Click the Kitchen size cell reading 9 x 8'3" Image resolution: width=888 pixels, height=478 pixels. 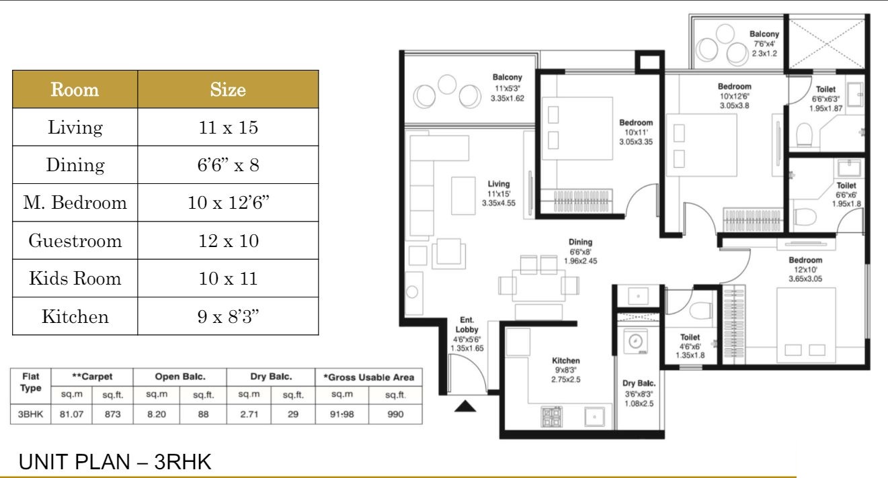point(228,316)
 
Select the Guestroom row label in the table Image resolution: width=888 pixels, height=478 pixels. point(75,241)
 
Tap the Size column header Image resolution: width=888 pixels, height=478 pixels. point(228,89)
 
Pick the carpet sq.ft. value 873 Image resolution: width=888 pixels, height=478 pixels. point(112,414)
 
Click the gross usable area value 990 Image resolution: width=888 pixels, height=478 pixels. point(395,414)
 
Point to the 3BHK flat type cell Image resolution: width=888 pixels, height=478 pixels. point(30,414)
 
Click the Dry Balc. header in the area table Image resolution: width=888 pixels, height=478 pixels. point(271,377)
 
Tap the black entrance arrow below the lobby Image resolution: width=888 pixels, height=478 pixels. point(465,406)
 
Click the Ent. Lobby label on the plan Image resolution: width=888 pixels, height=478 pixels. point(467,325)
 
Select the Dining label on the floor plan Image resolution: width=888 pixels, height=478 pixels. point(580,242)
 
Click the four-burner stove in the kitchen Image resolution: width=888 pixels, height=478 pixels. point(551,417)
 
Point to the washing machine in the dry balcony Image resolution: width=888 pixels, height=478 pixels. point(635,341)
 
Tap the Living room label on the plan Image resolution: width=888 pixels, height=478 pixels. point(499,184)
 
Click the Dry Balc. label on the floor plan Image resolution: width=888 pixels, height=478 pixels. point(639,383)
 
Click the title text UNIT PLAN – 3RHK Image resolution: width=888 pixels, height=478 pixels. point(115,462)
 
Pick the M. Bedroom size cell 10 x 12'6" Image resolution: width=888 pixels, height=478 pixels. point(228,203)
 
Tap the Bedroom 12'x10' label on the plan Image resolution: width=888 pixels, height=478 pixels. point(805,269)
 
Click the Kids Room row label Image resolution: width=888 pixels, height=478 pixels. point(75,279)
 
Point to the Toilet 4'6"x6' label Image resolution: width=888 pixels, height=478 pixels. point(690,346)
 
